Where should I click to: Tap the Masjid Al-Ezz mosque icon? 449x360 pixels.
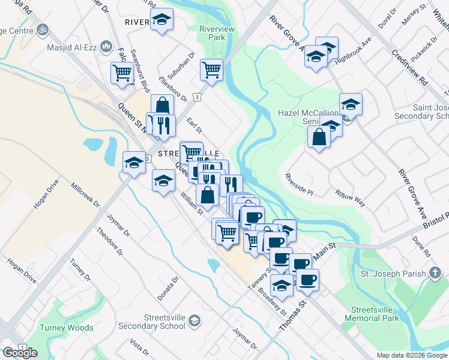pyautogui.click(x=106, y=46)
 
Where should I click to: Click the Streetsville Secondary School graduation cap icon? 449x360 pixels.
pyautogui.click(x=194, y=322)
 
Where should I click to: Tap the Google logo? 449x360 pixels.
pyautogui.click(x=20, y=353)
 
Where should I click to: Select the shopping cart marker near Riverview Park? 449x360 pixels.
pyautogui.click(x=211, y=70)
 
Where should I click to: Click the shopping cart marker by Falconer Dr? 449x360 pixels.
pyautogui.click(x=122, y=73)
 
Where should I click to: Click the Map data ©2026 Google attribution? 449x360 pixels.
pyautogui.click(x=412, y=355)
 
